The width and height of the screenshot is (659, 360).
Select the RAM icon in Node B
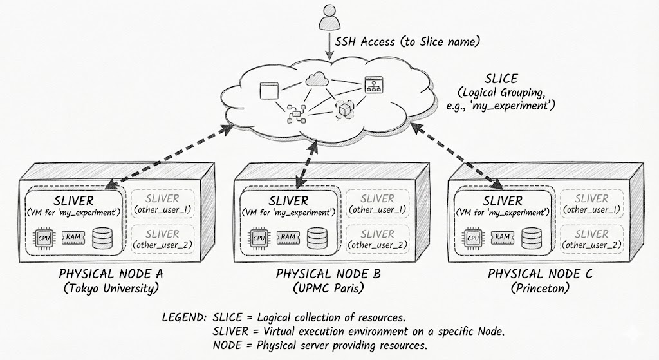pos(288,237)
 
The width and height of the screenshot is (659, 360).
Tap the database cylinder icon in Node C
pos(531,238)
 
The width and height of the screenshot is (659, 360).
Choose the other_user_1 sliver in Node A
pos(162,204)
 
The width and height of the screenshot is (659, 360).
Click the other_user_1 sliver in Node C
pos(591,204)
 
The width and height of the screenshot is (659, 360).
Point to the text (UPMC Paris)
pos(328,288)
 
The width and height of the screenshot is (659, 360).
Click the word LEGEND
pos(185,317)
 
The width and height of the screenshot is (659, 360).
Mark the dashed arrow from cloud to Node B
pos(306,161)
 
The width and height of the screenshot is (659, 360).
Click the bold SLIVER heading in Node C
pos(503,201)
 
